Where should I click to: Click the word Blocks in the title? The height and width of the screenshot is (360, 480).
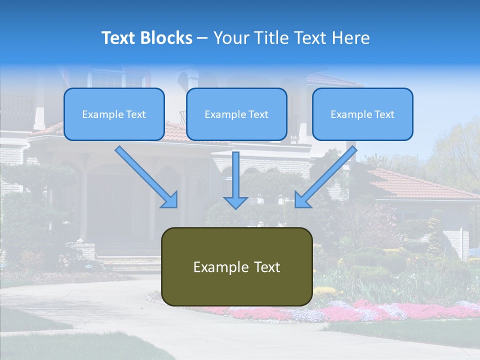point(167,38)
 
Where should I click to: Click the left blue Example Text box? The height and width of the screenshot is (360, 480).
point(114,114)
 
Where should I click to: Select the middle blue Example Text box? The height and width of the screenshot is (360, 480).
point(236,114)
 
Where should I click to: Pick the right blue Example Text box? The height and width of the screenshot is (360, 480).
point(362,114)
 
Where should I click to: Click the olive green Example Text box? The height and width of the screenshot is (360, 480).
point(236,267)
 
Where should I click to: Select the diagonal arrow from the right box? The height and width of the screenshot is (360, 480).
point(325,177)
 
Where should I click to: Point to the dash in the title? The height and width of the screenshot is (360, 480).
point(202,38)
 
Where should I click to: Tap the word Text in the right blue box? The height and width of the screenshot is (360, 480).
point(384,114)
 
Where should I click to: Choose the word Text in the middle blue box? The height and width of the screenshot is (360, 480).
point(258,114)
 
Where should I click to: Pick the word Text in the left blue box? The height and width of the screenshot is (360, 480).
point(135,114)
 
